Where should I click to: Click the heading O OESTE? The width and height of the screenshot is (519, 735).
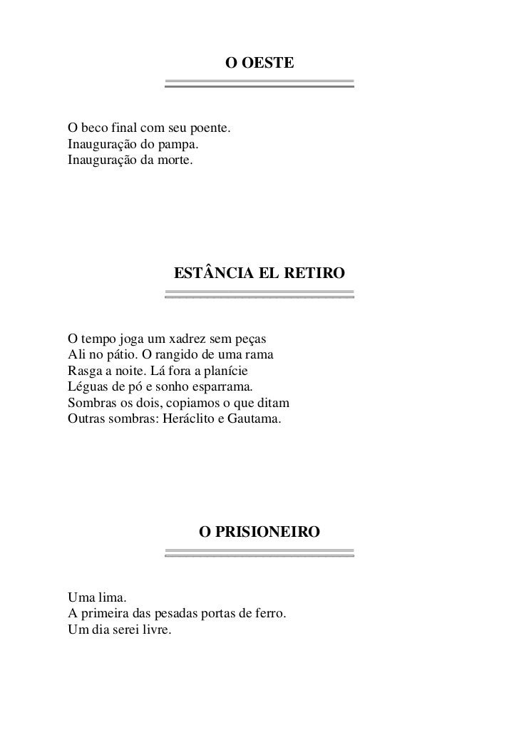pyautogui.click(x=259, y=63)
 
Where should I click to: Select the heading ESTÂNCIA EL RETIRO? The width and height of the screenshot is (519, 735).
pyautogui.click(x=259, y=273)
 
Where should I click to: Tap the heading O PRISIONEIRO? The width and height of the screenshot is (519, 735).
pyautogui.click(x=259, y=532)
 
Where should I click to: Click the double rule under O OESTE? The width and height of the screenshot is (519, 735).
pyautogui.click(x=259, y=83)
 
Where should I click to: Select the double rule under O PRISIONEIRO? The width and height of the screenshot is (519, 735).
pyautogui.click(x=259, y=552)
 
